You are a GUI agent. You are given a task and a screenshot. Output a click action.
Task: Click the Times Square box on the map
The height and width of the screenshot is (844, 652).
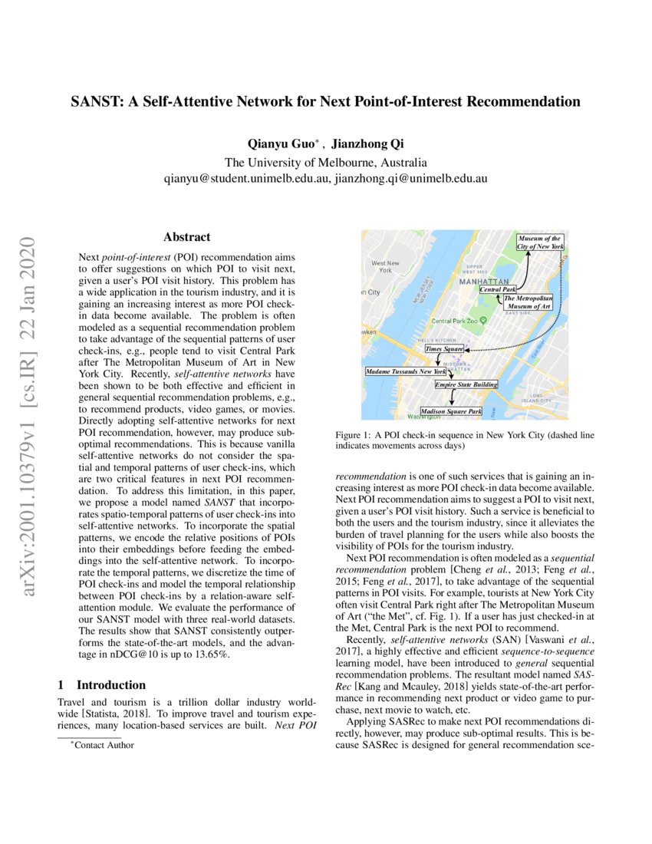(x=445, y=349)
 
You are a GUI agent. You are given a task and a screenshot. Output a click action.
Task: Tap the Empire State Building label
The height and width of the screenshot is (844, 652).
(x=466, y=384)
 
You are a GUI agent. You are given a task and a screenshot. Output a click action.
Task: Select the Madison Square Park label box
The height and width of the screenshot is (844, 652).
(x=451, y=412)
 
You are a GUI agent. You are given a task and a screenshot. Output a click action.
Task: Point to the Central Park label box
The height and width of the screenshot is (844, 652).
(x=498, y=290)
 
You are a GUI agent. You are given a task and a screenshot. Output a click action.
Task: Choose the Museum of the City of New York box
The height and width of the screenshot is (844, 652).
(x=540, y=242)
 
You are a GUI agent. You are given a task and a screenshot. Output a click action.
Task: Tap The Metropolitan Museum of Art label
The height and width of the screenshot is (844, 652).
(x=529, y=302)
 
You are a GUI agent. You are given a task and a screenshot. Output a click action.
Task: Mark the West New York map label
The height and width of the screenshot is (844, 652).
(x=385, y=266)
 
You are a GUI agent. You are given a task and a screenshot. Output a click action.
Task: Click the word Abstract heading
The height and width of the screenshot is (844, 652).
(x=186, y=238)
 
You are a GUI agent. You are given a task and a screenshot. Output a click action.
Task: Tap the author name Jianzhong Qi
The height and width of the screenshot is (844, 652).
(x=364, y=144)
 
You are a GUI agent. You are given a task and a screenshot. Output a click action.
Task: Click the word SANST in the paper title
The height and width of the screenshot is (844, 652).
(x=95, y=101)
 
